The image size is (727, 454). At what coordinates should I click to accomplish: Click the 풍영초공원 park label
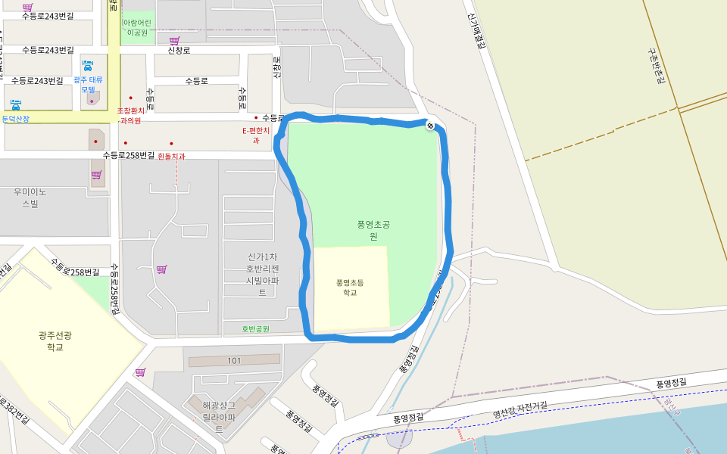click(x=373, y=230)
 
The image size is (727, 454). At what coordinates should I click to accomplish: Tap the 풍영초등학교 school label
click(x=350, y=287)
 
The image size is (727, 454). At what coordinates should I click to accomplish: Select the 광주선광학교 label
click(x=50, y=340)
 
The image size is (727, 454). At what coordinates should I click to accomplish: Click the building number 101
click(x=234, y=361)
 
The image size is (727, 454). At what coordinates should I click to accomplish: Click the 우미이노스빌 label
click(x=30, y=197)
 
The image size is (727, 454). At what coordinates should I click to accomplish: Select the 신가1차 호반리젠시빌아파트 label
click(x=263, y=274)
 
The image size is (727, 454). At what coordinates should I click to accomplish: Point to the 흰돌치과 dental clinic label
click(x=171, y=156)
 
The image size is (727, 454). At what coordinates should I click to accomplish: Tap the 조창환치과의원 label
click(x=130, y=115)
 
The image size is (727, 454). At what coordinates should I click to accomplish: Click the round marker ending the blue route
click(x=430, y=126)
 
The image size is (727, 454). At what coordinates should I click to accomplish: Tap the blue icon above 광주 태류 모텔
click(x=88, y=65)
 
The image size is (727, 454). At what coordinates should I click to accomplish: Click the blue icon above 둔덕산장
click(x=16, y=105)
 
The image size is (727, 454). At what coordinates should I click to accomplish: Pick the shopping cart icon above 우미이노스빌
click(x=96, y=175)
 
